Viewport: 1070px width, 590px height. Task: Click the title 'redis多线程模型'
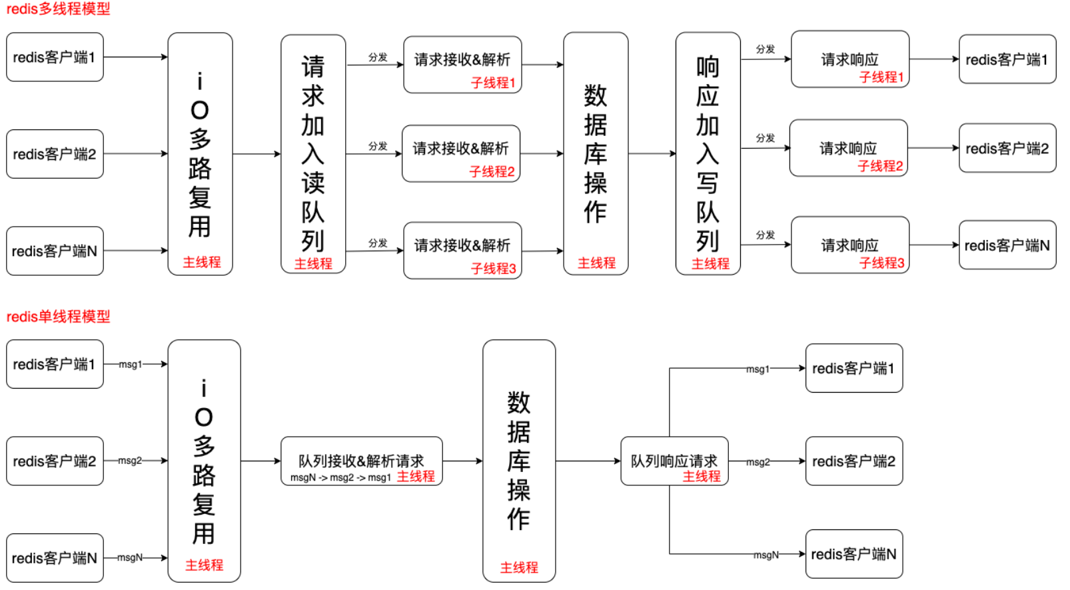click(58, 9)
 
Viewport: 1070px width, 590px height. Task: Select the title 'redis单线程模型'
click(58, 317)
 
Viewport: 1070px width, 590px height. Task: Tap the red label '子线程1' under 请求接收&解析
click(494, 83)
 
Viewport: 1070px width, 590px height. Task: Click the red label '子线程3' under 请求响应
click(882, 263)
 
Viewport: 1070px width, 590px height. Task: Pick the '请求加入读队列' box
click(313, 154)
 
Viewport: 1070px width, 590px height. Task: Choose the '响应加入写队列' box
click(708, 154)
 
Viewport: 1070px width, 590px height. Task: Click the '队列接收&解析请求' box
click(362, 461)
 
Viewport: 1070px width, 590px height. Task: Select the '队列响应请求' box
click(674, 461)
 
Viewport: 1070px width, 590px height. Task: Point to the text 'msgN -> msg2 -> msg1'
click(340, 477)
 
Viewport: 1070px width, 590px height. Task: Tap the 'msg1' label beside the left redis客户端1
click(131, 364)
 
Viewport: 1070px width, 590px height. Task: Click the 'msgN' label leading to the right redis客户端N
click(766, 555)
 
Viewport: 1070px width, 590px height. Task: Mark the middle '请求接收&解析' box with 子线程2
click(461, 153)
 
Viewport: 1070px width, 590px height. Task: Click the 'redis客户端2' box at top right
click(1007, 148)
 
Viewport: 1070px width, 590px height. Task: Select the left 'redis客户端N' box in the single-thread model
click(55, 558)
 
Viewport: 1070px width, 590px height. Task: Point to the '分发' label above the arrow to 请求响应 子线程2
click(766, 138)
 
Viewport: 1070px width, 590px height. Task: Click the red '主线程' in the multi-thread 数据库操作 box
click(596, 263)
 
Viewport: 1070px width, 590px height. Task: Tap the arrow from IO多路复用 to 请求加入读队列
click(257, 154)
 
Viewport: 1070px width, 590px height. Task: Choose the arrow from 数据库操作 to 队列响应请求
click(588, 461)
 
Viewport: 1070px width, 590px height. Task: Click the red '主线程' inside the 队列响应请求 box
click(702, 476)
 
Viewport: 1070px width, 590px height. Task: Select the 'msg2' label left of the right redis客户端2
click(758, 462)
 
